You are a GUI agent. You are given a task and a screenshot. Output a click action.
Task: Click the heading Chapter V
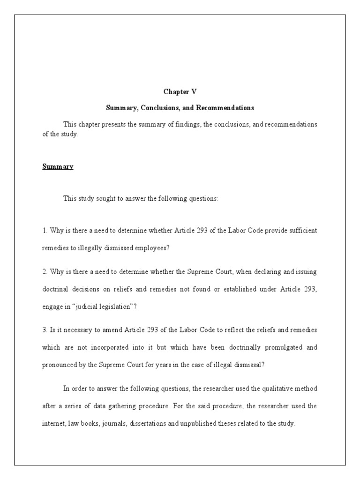point(180,92)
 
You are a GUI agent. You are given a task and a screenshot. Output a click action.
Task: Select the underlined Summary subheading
point(58,166)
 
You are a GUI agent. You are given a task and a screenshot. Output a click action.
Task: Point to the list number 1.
point(44,231)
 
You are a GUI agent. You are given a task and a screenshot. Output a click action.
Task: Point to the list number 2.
point(44,271)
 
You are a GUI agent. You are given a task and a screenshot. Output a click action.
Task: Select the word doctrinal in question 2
point(56,289)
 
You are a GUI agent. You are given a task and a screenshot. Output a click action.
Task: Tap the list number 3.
point(44,330)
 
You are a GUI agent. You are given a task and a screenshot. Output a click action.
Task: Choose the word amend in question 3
point(112,330)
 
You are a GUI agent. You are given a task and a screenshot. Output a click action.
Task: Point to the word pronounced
point(60,365)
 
